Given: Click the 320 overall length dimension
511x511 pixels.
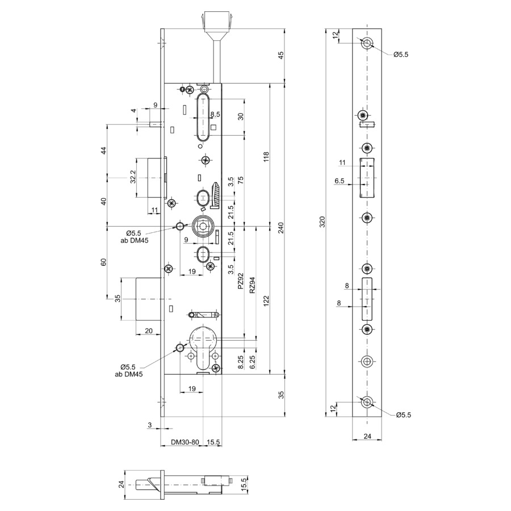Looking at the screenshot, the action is (322, 222).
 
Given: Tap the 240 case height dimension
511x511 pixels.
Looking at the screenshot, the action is (281, 228).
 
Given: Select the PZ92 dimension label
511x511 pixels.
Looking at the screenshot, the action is (241, 281).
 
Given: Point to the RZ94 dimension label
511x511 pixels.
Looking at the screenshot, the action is (252, 285).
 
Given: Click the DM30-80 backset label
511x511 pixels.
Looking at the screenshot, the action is (185, 442).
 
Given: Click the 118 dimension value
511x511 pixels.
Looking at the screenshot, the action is (266, 157).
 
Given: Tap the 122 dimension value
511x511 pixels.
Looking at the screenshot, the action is (266, 301).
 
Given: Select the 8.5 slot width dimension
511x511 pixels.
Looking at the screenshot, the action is (215, 114).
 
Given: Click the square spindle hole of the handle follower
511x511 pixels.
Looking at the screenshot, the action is (203, 225).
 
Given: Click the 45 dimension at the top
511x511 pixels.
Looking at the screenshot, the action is (281, 55).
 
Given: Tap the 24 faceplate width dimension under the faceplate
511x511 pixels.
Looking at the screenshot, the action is (367, 436).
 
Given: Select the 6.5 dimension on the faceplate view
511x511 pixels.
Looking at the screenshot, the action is (340, 181).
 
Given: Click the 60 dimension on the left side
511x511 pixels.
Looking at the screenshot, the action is (104, 262).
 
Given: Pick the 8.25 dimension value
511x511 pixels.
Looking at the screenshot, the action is (241, 362).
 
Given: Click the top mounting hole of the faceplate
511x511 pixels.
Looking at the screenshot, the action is (367, 43).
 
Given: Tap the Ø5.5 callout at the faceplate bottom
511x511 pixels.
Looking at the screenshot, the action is (404, 415).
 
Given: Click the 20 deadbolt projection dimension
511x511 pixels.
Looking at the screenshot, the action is (149, 331).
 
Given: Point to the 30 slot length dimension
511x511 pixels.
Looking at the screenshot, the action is (241, 116).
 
